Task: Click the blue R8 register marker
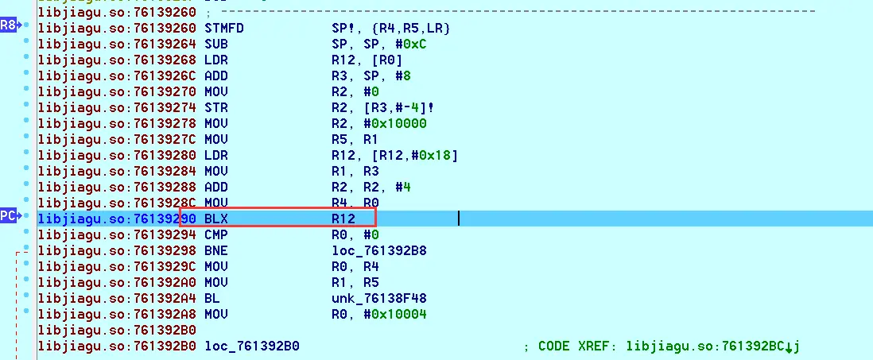9,26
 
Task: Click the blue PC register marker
9,216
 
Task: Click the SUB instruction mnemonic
216,44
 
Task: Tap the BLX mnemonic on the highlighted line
216,218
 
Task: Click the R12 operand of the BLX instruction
343,218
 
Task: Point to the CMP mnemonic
216,234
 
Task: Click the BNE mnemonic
216,250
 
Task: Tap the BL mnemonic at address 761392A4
212,298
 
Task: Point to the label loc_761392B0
252,346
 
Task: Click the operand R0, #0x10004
380,314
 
